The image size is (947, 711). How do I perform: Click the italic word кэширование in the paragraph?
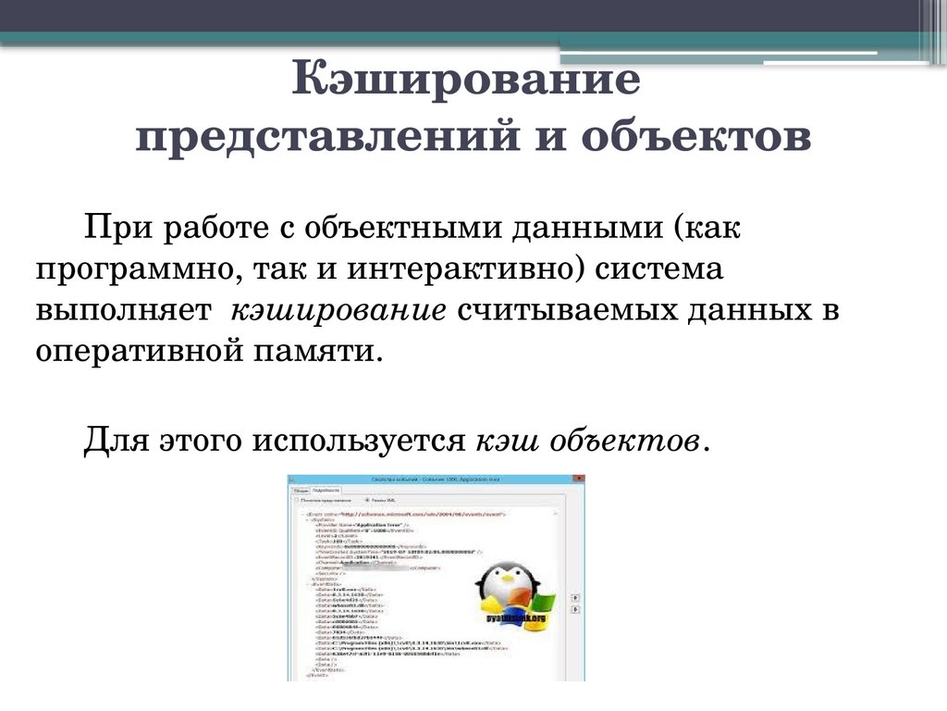click(338, 311)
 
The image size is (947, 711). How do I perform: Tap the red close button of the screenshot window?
click(574, 480)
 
